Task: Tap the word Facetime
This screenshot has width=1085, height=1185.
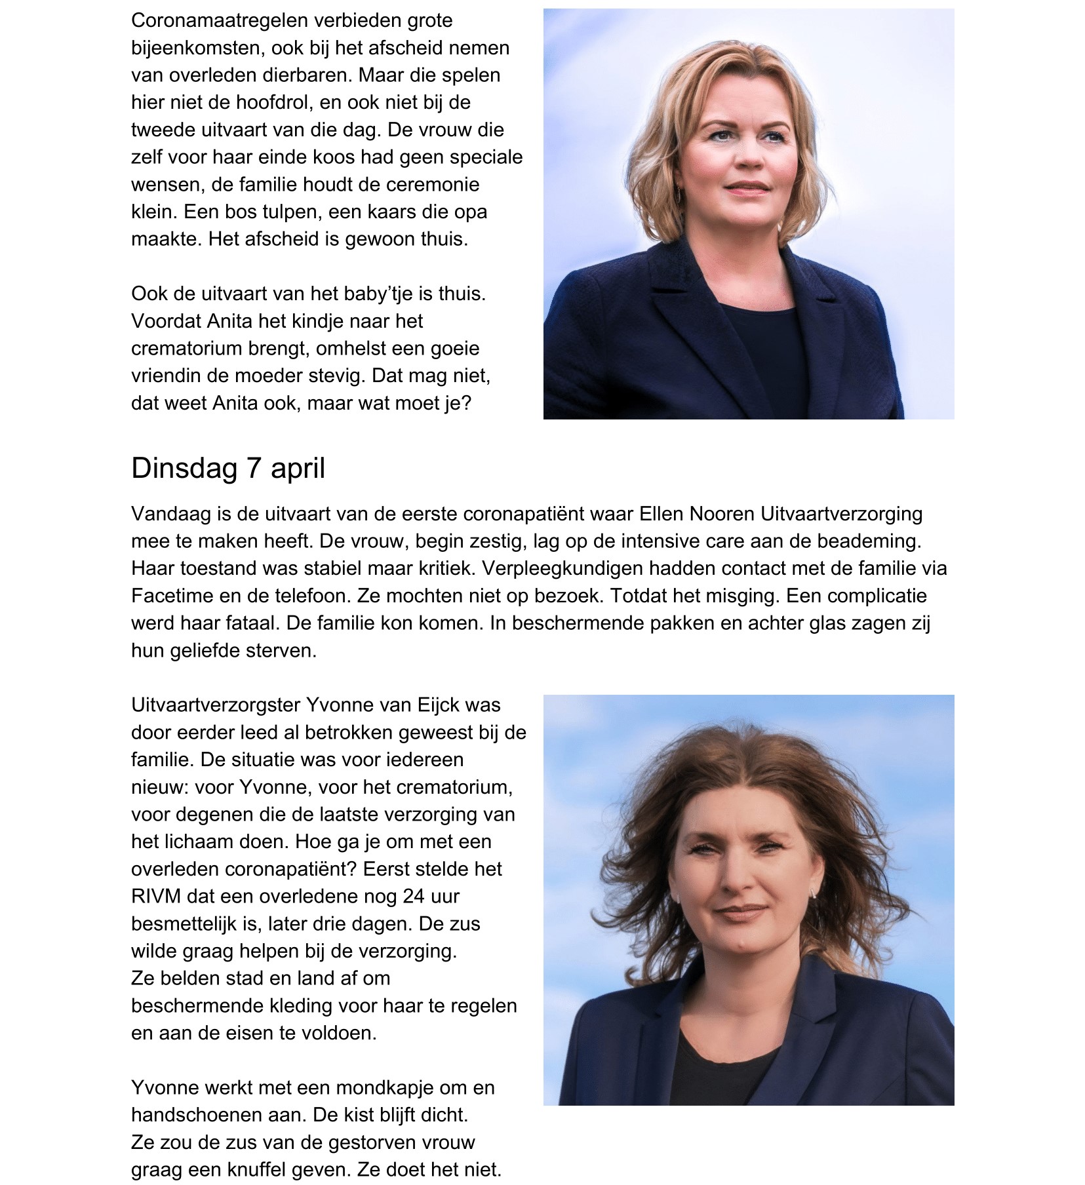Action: [x=172, y=596]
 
